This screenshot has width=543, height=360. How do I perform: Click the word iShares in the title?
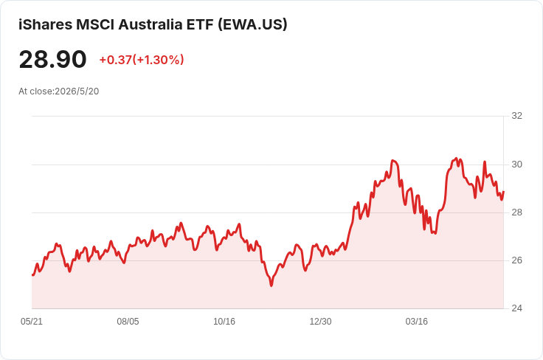coord(45,24)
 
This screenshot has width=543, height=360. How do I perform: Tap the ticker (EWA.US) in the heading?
coord(252,24)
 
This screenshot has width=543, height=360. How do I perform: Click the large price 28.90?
coord(52,60)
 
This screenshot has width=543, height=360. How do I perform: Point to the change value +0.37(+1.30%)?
coord(142,60)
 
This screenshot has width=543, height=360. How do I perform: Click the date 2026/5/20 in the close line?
coord(77,91)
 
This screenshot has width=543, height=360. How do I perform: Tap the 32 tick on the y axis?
coord(516,116)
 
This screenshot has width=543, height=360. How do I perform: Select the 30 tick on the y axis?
coord(516,164)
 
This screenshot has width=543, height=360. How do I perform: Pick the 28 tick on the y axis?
coord(516,212)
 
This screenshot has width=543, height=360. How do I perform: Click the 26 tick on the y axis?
coord(516,260)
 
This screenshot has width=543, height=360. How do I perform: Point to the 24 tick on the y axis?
coord(516,308)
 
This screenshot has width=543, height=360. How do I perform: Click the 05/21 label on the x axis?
coord(32,321)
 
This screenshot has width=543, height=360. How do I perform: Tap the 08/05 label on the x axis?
coord(128,321)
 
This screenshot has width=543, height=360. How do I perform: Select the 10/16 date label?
coord(224,321)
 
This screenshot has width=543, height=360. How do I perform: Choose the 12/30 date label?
coord(320,321)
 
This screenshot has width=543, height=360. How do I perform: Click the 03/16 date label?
coord(417,321)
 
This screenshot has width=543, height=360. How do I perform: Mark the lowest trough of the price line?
coord(271,285)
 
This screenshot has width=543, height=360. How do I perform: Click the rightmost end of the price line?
coord(503,191)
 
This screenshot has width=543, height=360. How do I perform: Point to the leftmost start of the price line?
coord(32,275)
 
